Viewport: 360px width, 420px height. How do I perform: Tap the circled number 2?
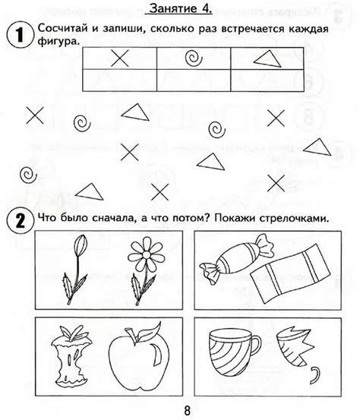coord(15,219)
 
